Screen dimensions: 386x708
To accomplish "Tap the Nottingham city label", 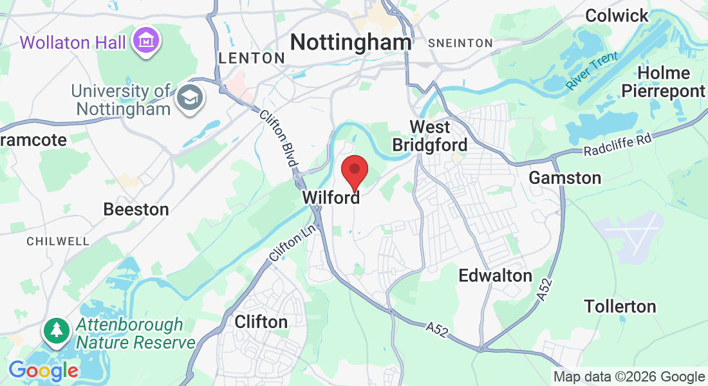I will pos(351,42).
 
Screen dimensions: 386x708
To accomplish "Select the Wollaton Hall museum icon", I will pos(146,42).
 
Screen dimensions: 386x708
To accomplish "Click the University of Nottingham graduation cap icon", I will pos(191,98).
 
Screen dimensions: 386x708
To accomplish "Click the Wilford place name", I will pos(331,198).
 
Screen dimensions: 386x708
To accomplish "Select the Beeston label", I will pos(136,209).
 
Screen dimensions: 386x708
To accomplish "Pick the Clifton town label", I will pos(261,321).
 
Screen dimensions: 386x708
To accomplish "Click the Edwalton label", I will pos(495,276).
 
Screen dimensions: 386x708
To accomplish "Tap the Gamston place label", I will pos(565,178).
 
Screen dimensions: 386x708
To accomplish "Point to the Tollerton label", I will pos(620,306).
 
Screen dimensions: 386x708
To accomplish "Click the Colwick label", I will pos(617,16).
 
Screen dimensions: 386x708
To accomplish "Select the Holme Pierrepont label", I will pos(663,82).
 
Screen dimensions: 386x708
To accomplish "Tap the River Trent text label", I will pos(592,71).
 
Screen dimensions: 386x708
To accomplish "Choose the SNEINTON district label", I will pos(460,43).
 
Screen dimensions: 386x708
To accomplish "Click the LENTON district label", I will pos(252,58).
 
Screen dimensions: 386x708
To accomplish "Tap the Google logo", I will pos(43,371).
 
